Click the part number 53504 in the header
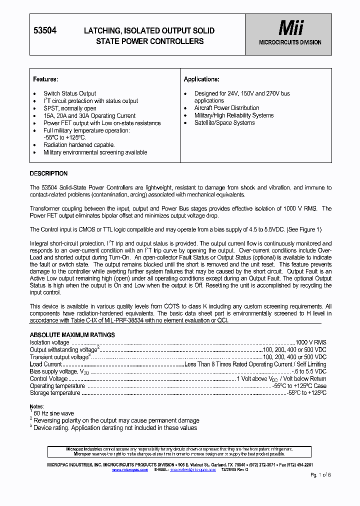point(44,30)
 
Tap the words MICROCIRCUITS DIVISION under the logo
point(290,42)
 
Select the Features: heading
point(45,79)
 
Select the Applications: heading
point(201,79)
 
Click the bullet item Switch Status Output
point(69,93)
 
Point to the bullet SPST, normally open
point(69,108)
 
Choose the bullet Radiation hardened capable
point(78,145)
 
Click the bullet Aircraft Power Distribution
point(226,108)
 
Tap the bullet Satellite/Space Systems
point(224,123)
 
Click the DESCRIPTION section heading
point(48,173)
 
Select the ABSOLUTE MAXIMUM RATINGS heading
point(72,335)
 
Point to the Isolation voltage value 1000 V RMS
point(310,342)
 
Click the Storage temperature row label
point(55,393)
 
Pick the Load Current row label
point(45,364)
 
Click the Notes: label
point(37,407)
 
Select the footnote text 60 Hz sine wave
point(53,413)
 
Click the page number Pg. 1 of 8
point(320,474)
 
